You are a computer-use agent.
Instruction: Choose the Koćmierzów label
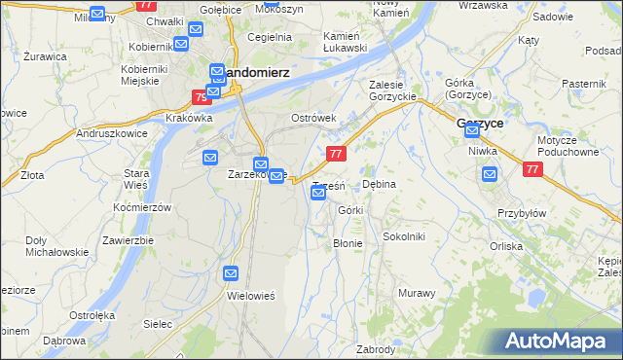[x=142, y=207]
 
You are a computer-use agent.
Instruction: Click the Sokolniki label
[x=403, y=236]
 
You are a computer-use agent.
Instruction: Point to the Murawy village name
[x=416, y=292]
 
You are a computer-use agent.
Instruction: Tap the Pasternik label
[x=585, y=85]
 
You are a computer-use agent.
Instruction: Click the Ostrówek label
[x=313, y=118]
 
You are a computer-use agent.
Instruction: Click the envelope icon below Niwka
[x=490, y=173]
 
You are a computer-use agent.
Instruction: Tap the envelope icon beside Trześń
[x=318, y=193]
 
